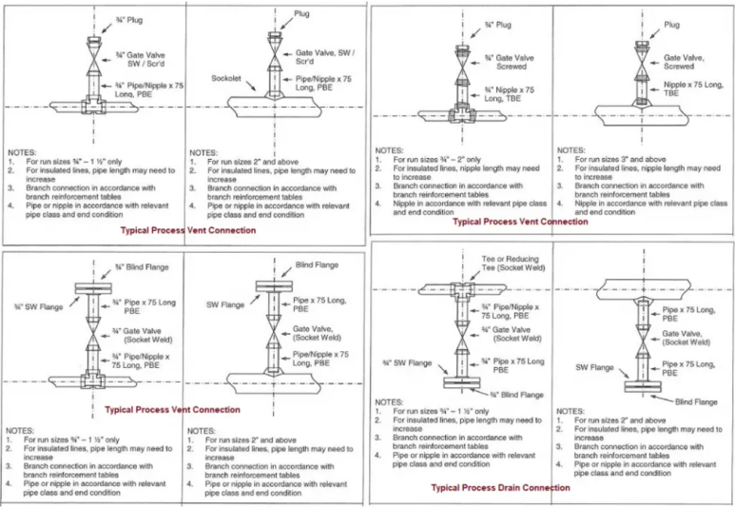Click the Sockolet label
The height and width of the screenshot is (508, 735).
[227, 79]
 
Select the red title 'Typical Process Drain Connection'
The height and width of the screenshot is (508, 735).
[501, 488]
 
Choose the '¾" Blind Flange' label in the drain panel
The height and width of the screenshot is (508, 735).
[511, 394]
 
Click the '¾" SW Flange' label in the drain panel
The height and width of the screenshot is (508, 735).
[402, 362]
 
